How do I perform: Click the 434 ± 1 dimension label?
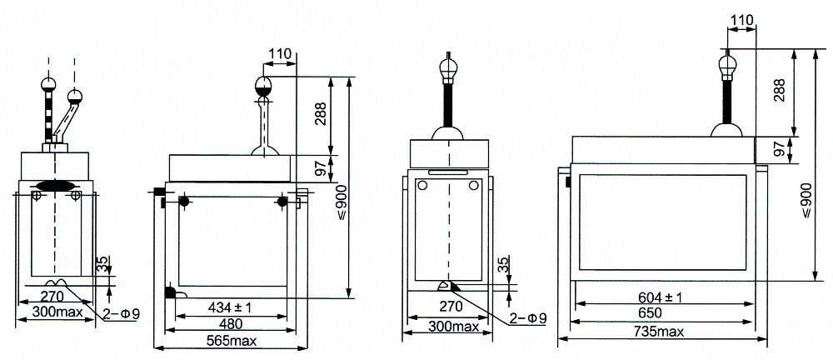point(231,307)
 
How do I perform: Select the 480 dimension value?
point(231,323)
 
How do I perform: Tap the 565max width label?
point(231,342)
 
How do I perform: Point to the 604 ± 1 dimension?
point(664,296)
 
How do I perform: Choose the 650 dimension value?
point(664,313)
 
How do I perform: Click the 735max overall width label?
point(664,332)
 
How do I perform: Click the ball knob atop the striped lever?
point(48,83)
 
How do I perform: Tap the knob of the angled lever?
point(75,96)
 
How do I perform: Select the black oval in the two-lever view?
point(55,185)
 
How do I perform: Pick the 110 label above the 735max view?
point(741,20)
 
